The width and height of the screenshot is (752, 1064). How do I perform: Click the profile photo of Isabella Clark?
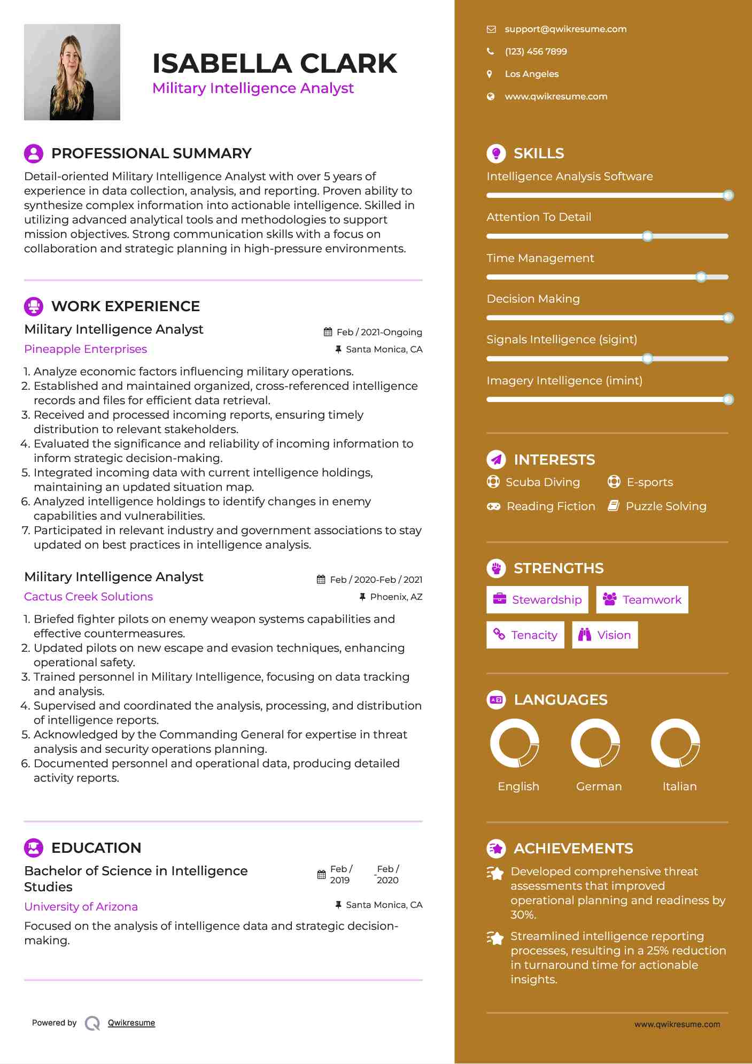[72, 72]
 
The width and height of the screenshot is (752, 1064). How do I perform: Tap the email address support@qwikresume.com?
[565, 29]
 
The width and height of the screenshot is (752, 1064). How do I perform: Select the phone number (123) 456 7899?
[536, 52]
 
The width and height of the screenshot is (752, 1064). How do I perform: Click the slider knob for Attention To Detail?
[647, 236]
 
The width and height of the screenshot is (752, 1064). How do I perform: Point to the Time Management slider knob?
[701, 277]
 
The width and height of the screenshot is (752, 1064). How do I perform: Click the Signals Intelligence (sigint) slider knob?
[647, 359]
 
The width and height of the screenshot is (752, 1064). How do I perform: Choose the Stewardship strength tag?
[537, 600]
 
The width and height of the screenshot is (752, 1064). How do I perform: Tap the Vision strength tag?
[605, 635]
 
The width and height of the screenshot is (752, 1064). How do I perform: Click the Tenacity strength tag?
[525, 635]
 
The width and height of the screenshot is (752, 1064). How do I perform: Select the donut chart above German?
[595, 743]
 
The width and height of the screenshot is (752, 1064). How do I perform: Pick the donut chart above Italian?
[676, 743]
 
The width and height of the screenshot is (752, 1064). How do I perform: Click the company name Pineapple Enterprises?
[86, 349]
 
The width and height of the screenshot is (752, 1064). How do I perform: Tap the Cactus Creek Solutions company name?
[89, 597]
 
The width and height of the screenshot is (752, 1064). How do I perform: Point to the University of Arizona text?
[81, 907]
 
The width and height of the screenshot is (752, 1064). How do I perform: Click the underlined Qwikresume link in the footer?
[131, 1023]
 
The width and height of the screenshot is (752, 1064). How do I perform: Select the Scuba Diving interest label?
[542, 482]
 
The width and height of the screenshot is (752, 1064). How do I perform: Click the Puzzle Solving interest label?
[666, 506]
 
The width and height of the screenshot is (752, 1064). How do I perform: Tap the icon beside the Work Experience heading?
[34, 306]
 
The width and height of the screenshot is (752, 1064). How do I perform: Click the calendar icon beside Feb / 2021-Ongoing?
[328, 332]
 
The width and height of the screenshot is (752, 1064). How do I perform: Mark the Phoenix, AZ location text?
[396, 597]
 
